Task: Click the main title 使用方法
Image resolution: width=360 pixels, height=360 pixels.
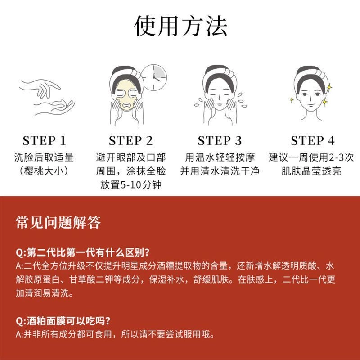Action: pyautogui.click(x=180, y=26)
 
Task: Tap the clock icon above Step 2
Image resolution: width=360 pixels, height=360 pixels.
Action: pyautogui.click(x=154, y=77)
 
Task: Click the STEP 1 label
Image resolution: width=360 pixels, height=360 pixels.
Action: pyautogui.click(x=44, y=141)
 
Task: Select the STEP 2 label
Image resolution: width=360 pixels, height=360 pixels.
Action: pyautogui.click(x=130, y=141)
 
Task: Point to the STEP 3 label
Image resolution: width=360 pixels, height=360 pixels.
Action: pyautogui.click(x=220, y=141)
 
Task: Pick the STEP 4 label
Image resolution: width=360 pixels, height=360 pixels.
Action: pyautogui.click(x=312, y=141)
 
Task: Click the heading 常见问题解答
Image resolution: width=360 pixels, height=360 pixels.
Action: pyautogui.click(x=58, y=222)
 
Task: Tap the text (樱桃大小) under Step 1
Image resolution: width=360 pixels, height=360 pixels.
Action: pyautogui.click(x=44, y=171)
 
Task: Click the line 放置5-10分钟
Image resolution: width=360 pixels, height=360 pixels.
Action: pyautogui.click(x=130, y=184)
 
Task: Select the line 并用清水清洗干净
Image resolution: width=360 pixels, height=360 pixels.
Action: pyautogui.click(x=220, y=171)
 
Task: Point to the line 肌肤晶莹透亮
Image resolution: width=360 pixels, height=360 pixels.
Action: pyautogui.click(x=311, y=171)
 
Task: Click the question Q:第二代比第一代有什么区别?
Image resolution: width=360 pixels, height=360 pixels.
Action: pyautogui.click(x=83, y=252)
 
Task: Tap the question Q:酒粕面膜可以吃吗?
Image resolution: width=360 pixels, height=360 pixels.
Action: pyautogui.click(x=63, y=321)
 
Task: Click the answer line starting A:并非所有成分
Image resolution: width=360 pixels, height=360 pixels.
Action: pyautogui.click(x=115, y=334)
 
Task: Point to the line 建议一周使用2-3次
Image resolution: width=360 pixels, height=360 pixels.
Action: pyautogui.click(x=311, y=157)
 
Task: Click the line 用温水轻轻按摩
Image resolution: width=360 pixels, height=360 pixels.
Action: pyautogui.click(x=220, y=157)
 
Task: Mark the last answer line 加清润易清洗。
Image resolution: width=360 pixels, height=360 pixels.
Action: pyautogui.click(x=45, y=293)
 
